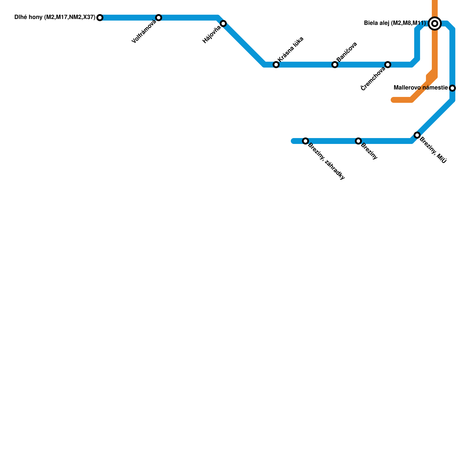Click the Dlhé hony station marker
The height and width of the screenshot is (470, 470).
(100, 18)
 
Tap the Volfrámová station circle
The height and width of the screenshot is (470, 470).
(159, 18)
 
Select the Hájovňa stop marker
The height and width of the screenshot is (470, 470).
(223, 23)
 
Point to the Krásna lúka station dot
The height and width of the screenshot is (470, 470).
(276, 65)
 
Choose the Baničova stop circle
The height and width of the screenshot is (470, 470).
(335, 65)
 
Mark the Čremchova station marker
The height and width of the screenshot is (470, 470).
(388, 65)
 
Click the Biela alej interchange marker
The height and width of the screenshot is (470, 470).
(435, 23)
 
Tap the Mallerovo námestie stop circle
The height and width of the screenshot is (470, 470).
(452, 88)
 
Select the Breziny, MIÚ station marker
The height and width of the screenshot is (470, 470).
(417, 135)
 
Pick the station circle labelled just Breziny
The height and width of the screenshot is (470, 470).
(358, 141)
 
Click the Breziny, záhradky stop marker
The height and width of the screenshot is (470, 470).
(305, 141)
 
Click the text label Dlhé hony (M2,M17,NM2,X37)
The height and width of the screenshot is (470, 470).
(55, 18)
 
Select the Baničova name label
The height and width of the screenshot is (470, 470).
(347, 52)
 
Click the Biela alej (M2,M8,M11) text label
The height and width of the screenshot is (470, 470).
(395, 23)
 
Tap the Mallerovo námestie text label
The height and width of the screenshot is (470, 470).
(421, 88)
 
